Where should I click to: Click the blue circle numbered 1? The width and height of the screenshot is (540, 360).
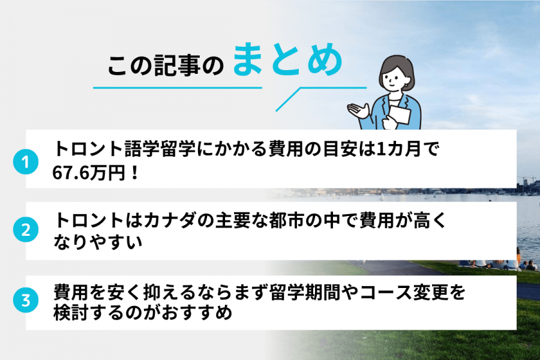(x=25, y=161)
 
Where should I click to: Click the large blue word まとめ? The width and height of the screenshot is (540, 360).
(x=287, y=60)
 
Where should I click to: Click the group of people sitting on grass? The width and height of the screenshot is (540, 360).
(x=495, y=264)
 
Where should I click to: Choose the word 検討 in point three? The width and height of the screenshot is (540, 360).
(x=72, y=313)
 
